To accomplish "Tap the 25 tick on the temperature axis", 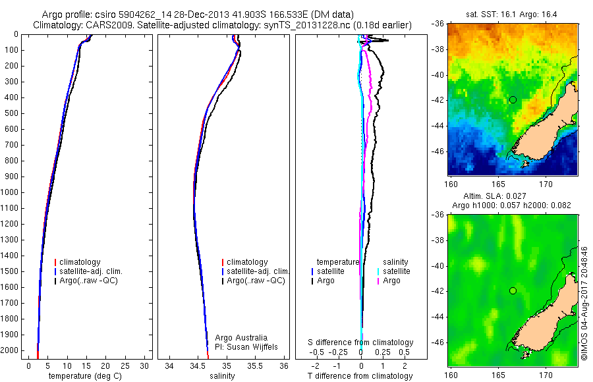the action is (x=125, y=366).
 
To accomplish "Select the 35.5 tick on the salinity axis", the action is (x=254, y=366).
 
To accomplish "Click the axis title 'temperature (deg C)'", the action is (x=85, y=376).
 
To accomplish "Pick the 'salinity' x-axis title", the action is (x=222, y=376).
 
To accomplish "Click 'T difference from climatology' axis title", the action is (x=360, y=376).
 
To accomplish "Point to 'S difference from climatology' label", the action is (x=360, y=342).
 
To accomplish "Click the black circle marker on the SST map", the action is (x=513, y=100).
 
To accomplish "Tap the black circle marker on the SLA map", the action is (x=513, y=291).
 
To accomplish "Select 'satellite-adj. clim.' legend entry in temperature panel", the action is (x=88, y=271).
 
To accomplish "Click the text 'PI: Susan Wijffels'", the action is (x=246, y=347).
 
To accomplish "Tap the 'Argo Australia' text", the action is (x=241, y=338).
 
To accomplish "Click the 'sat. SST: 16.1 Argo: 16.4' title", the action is (x=511, y=14).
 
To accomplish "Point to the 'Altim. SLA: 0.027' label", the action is (x=495, y=196).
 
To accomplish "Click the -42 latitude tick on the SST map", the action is (x=438, y=100).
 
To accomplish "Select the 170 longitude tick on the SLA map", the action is (x=546, y=375).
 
